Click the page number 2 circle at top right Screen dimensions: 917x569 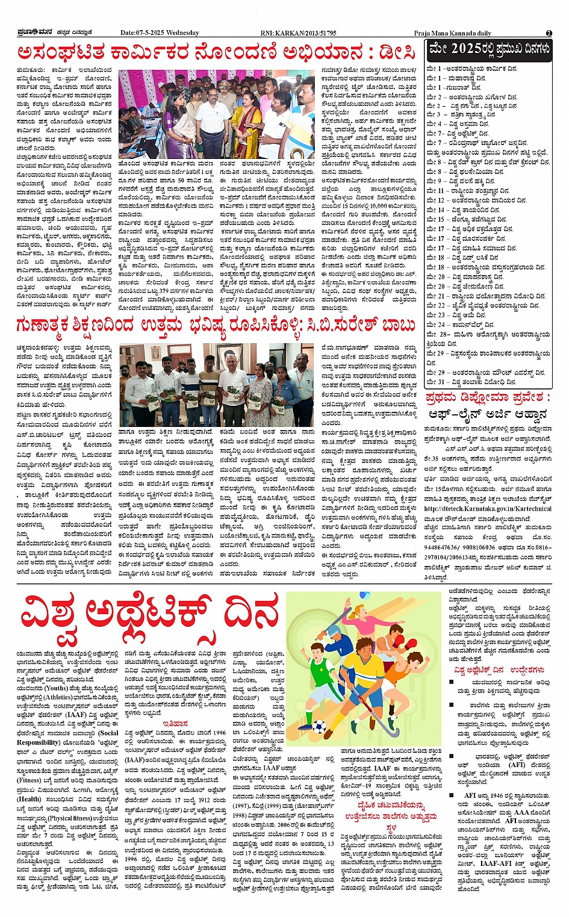549,33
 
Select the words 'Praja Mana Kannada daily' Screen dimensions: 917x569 452,34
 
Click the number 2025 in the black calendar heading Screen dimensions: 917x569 466,48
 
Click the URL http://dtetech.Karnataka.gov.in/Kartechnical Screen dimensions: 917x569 488,509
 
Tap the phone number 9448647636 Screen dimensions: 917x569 444,547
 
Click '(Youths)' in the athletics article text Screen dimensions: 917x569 57,688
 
